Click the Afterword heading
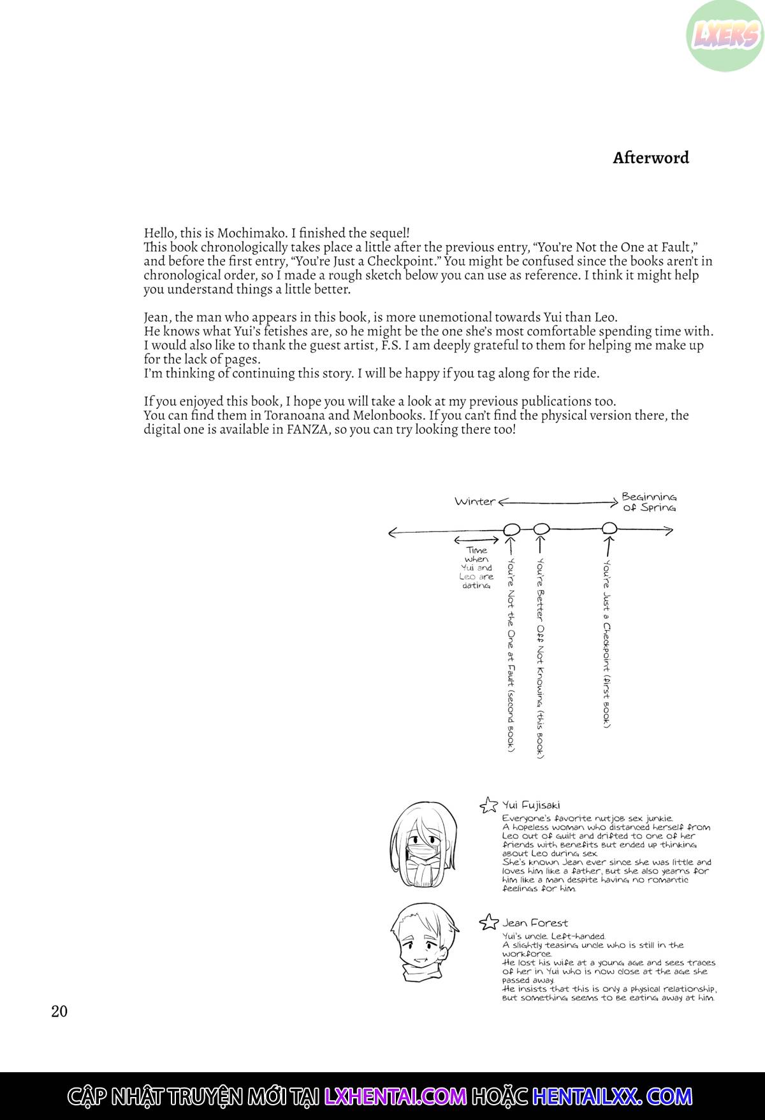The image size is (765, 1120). point(650,158)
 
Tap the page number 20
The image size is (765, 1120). point(59,1011)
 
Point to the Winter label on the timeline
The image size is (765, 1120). point(475,501)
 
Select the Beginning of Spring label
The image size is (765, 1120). point(649,502)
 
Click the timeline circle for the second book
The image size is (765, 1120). point(511,529)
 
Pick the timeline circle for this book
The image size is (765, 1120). point(541,529)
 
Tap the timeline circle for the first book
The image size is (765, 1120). point(609,528)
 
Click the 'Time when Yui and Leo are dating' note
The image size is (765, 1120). point(476,568)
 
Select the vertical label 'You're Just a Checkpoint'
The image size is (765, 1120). point(608,643)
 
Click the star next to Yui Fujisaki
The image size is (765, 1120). point(488,805)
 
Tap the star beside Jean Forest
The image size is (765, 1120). point(488,922)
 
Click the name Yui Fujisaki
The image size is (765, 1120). point(531,805)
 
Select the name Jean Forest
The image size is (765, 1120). point(534,923)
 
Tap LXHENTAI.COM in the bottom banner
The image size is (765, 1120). point(395,1096)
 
